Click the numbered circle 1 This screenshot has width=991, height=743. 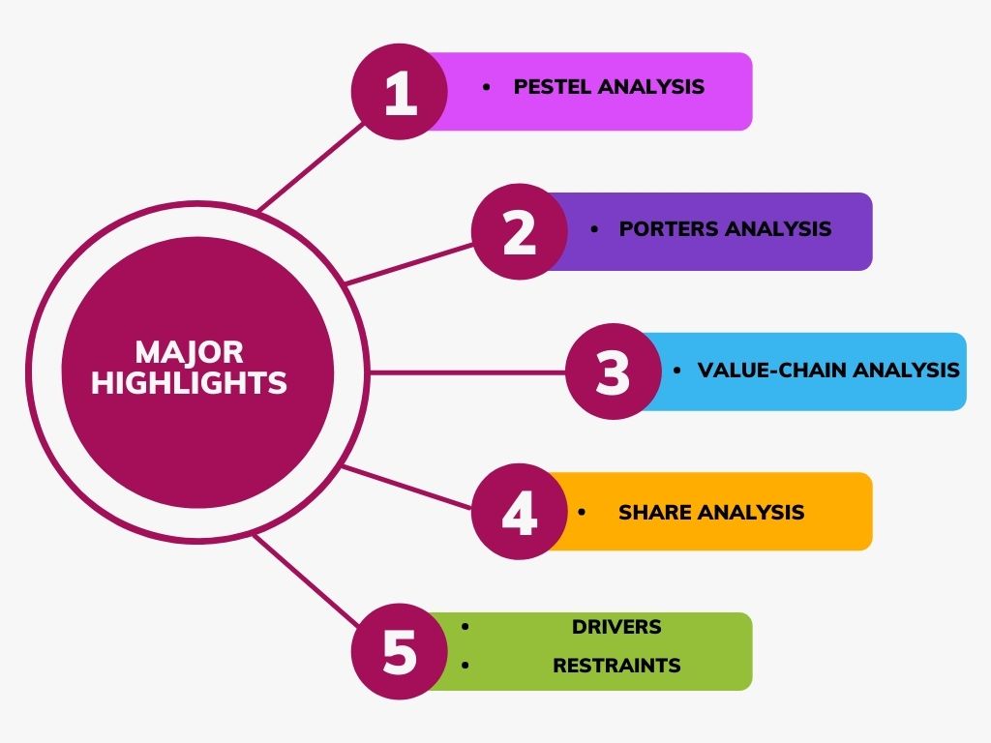400,92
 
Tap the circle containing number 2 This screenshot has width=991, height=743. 520,232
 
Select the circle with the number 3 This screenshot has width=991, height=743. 614,372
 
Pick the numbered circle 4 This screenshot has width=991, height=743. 520,512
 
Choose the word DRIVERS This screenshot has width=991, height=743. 616,627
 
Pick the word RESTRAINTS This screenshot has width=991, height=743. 616,666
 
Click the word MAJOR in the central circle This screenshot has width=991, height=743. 189,351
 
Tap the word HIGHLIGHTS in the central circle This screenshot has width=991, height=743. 189,383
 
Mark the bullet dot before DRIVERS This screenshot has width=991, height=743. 465,627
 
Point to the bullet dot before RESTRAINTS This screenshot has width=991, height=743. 465,666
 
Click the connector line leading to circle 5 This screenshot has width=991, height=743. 305,582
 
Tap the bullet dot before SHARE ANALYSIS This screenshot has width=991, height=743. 582,512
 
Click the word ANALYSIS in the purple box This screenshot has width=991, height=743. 778,229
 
